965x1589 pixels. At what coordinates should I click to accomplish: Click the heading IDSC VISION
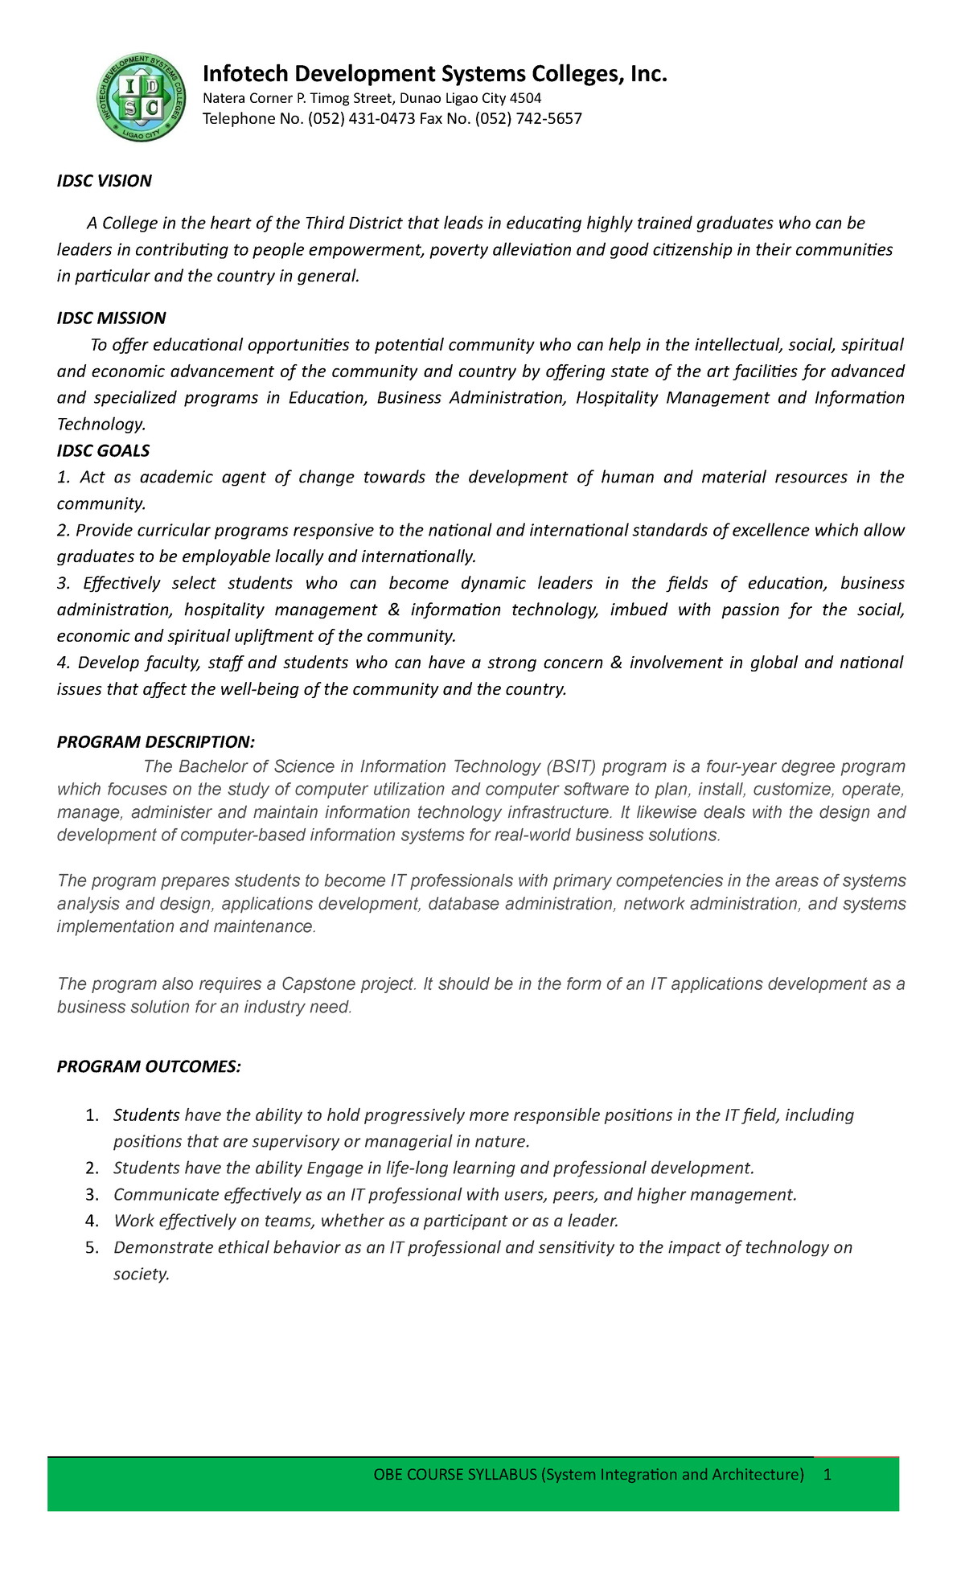(x=104, y=181)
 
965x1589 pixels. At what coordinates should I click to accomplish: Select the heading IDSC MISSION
(x=111, y=318)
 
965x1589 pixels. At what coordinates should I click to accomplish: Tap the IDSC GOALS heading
(x=103, y=451)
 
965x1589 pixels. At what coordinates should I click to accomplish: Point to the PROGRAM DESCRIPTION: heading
(x=155, y=741)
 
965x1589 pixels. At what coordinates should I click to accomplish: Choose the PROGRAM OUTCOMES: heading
(x=149, y=1067)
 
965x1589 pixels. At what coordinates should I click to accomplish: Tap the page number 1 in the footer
(x=827, y=1475)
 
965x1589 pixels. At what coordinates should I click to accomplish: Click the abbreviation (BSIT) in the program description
(x=571, y=766)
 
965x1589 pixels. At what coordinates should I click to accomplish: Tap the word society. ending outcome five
(x=142, y=1275)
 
